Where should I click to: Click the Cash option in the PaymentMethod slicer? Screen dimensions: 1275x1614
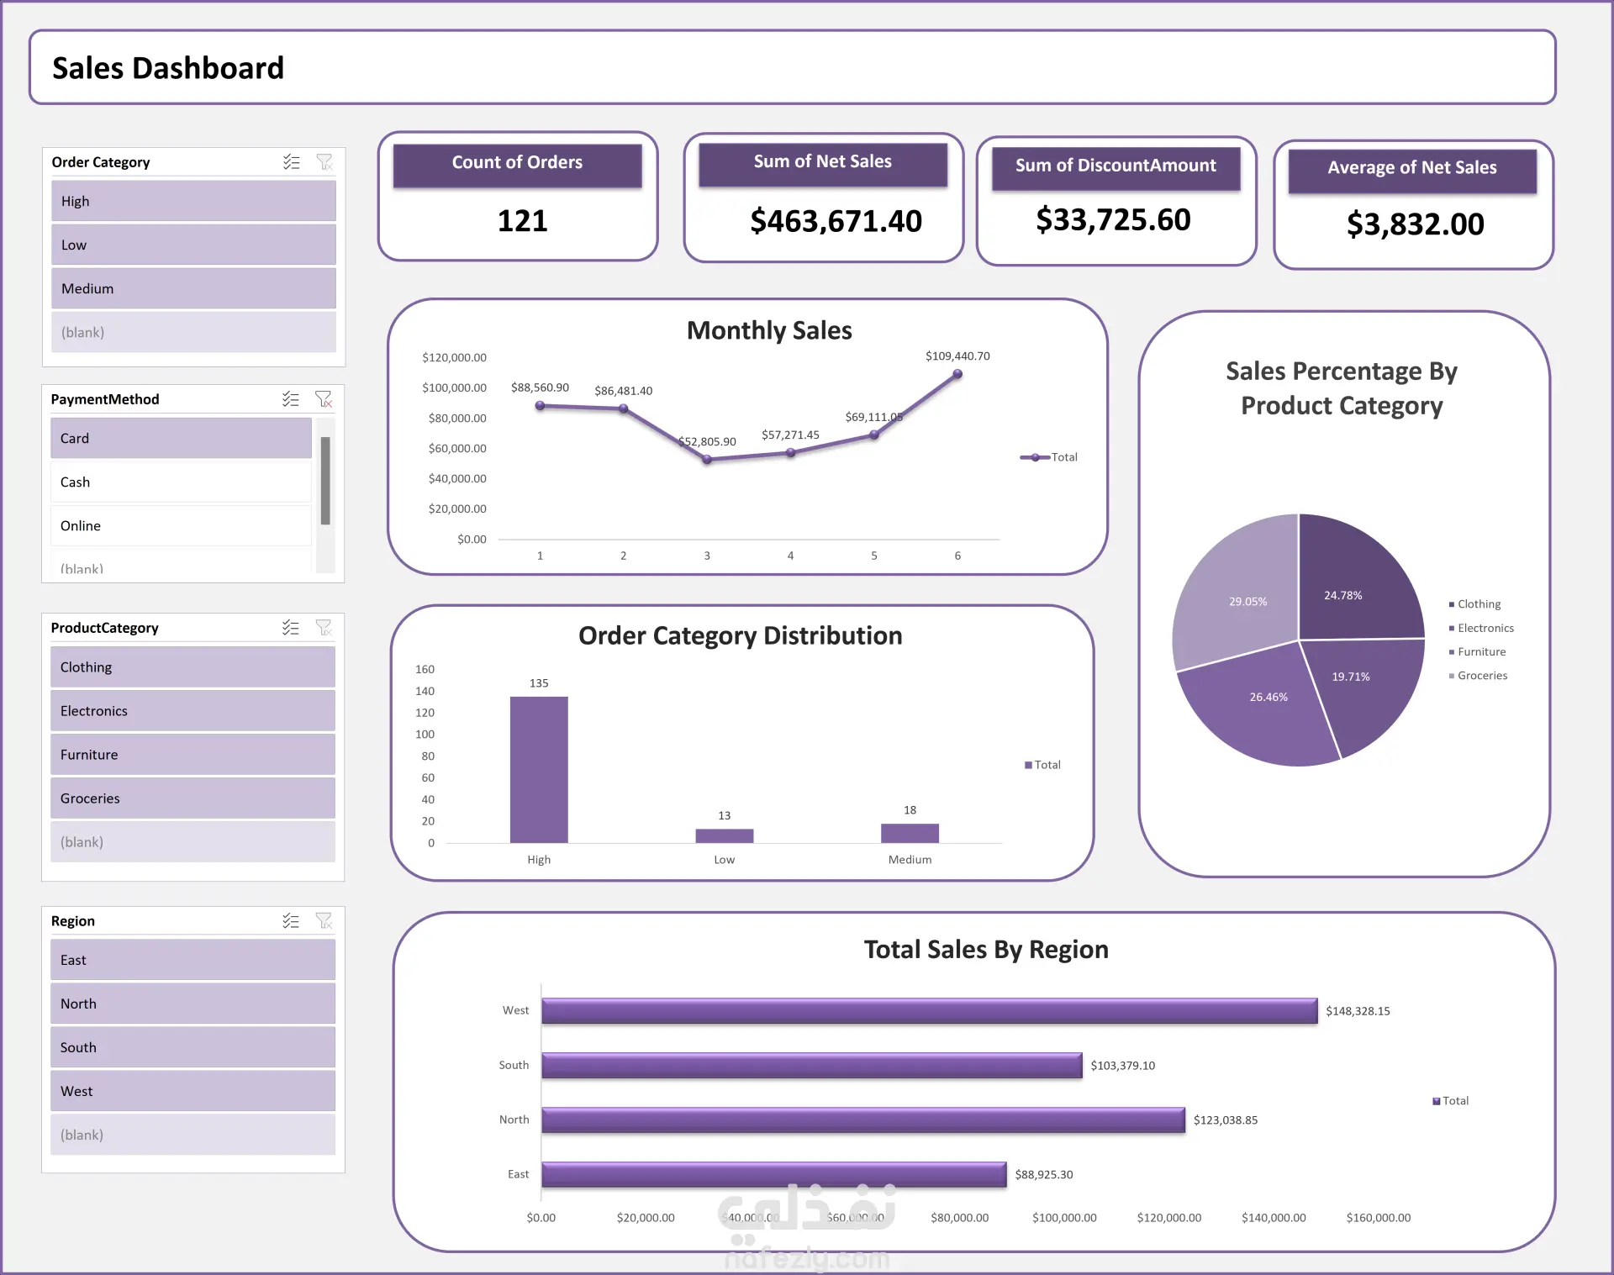tap(180, 482)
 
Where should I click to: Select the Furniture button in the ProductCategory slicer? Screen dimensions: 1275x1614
tap(193, 755)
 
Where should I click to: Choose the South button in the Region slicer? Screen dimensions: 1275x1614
tap(193, 1047)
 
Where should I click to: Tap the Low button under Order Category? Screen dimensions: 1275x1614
tap(193, 245)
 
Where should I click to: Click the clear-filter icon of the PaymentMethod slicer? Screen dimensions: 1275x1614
tap(324, 399)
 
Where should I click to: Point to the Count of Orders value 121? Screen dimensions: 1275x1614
tap(522, 221)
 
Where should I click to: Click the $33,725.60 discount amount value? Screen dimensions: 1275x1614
tap(1113, 220)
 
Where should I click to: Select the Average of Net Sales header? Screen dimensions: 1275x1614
tap(1411, 168)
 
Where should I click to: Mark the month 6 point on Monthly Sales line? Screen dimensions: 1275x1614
tap(957, 375)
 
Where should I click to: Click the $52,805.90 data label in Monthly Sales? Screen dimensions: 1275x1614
tap(707, 442)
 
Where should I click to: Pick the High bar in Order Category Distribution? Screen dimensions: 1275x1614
tap(539, 769)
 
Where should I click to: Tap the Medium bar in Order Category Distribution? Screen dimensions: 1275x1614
tap(910, 833)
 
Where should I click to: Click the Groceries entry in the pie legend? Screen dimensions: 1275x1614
tap(1482, 676)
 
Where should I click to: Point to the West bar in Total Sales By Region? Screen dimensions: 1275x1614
tap(929, 1011)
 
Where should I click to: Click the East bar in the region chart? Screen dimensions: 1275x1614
tap(773, 1174)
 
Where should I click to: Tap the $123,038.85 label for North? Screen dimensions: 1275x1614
tap(1226, 1120)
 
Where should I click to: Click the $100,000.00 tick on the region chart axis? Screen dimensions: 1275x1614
tap(1064, 1218)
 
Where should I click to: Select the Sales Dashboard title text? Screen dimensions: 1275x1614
tap(168, 68)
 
